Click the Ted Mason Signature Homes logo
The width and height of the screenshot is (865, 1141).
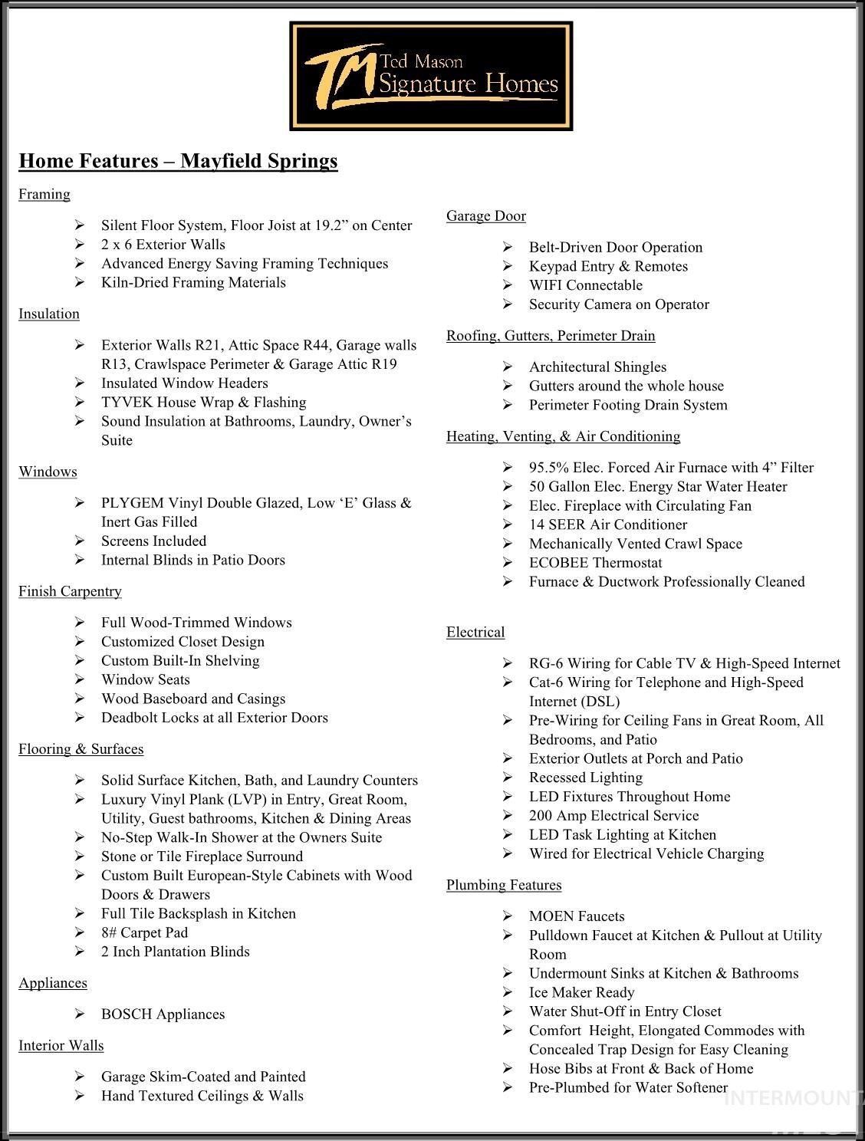coord(431,76)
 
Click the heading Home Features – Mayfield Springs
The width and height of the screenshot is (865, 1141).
coord(178,161)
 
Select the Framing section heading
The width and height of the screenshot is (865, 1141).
coord(44,194)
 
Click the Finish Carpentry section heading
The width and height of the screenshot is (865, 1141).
coord(70,591)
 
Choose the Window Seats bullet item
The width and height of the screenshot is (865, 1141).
coord(145,679)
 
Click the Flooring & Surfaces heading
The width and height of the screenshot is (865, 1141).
coord(81,748)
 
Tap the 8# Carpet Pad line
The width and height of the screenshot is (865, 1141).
coord(144,932)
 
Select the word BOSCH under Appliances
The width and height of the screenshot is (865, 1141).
coord(126,1014)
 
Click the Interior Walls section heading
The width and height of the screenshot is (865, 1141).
coord(61,1045)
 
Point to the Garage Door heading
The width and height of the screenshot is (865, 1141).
coord(486,216)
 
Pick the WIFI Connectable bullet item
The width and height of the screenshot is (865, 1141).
coord(585,285)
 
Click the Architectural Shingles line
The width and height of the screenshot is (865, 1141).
coord(597,367)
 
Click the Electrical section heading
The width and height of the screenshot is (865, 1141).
coord(475,633)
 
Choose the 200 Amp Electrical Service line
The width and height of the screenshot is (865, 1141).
coord(613,816)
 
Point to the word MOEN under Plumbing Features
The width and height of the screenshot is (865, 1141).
coord(551,916)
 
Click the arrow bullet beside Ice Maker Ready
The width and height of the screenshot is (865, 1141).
coord(508,992)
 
